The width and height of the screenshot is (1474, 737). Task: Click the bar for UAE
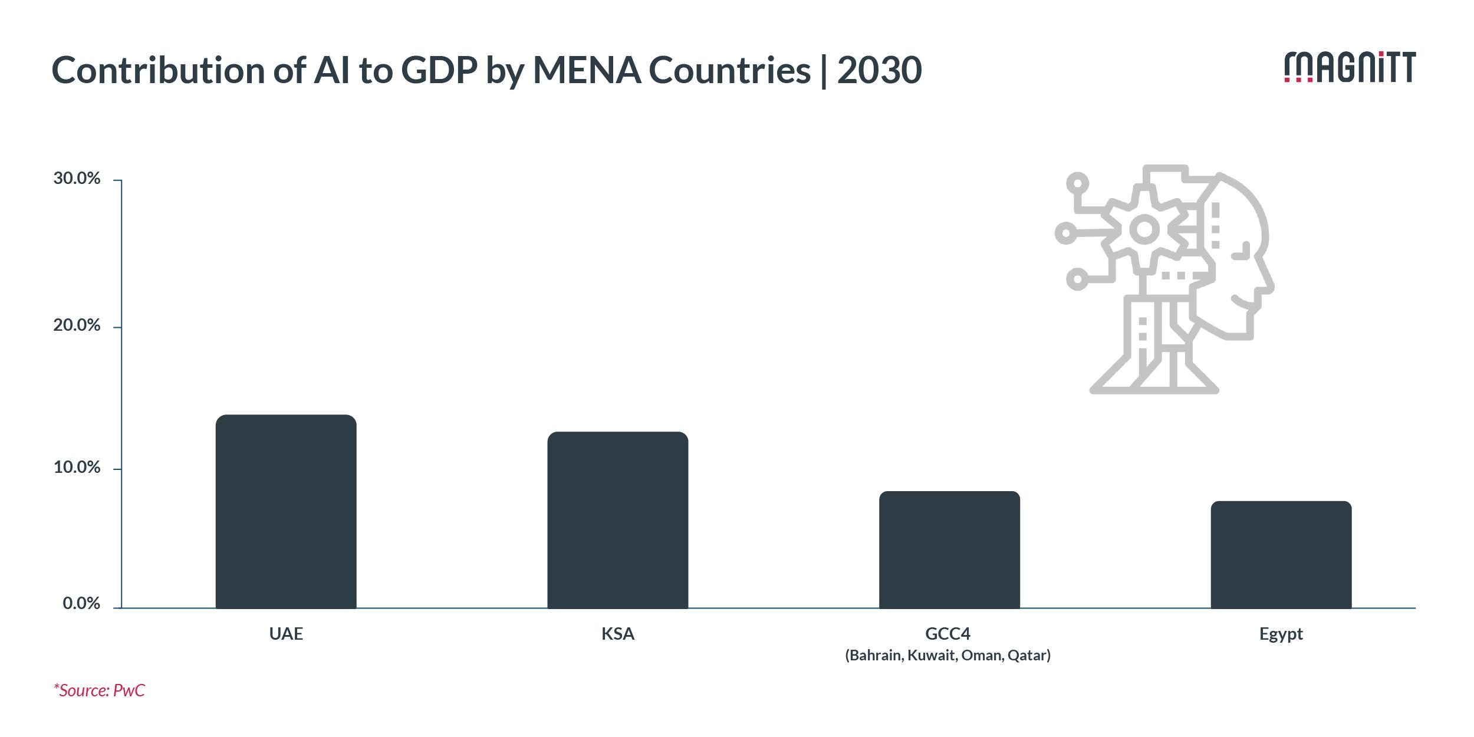[286, 511]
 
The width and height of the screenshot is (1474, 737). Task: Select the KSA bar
[617, 519]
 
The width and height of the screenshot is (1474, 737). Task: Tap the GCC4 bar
[949, 550]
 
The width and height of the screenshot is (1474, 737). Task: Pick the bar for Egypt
[1281, 554]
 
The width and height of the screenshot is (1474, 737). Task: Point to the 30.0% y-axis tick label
[77, 179]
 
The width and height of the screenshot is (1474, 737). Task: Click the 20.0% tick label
[77, 325]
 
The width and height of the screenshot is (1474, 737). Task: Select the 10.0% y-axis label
[77, 468]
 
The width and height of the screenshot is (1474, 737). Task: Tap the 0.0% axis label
[81, 604]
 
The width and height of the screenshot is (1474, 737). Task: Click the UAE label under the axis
[286, 634]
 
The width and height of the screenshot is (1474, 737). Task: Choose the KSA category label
[617, 634]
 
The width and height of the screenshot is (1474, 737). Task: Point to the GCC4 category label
[948, 634]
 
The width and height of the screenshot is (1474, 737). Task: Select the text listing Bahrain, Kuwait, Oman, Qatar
[948, 656]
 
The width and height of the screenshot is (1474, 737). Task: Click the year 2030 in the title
[879, 71]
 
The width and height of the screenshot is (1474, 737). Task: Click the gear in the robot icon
[1144, 229]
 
